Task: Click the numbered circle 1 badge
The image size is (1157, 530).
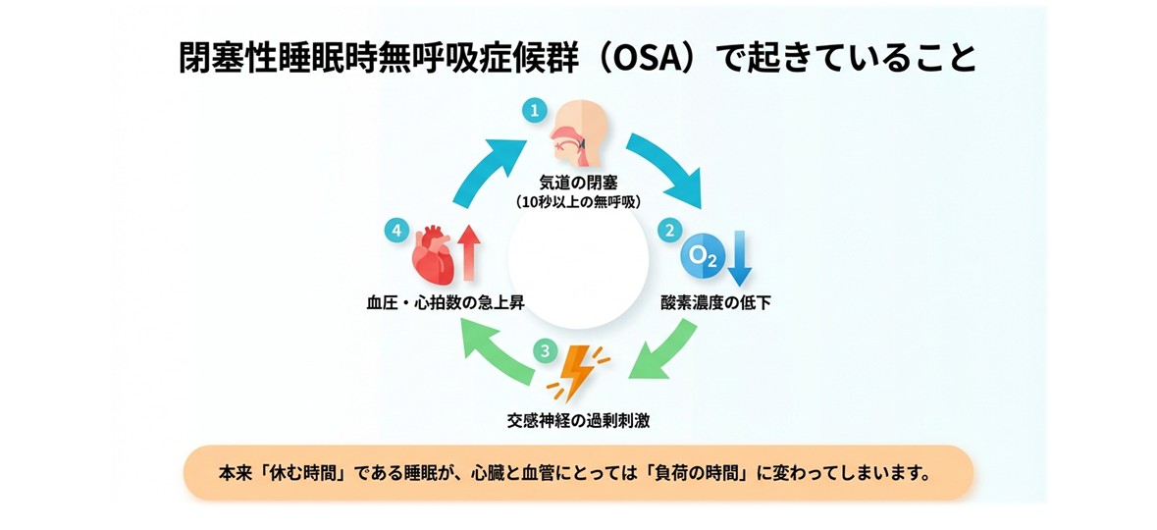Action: [534, 111]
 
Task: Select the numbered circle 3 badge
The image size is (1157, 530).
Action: [546, 350]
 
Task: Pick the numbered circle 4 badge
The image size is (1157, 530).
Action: [397, 231]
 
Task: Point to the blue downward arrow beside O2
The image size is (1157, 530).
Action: [739, 258]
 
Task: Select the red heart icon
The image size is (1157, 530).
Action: [433, 254]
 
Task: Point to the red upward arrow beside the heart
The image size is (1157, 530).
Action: [468, 253]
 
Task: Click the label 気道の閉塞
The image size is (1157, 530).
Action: [579, 184]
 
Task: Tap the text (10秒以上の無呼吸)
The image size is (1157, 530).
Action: [579, 202]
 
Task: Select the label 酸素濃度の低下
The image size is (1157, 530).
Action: [715, 302]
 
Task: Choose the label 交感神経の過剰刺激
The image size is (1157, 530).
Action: [579, 422]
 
